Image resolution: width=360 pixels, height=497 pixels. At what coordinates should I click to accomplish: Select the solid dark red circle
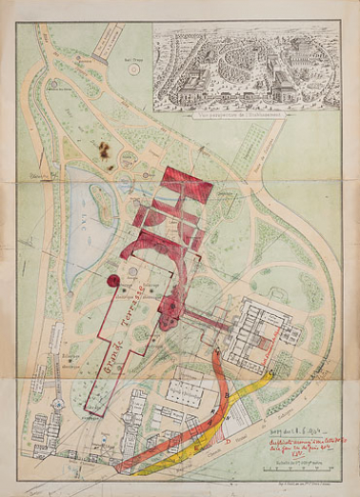point(115,281)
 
